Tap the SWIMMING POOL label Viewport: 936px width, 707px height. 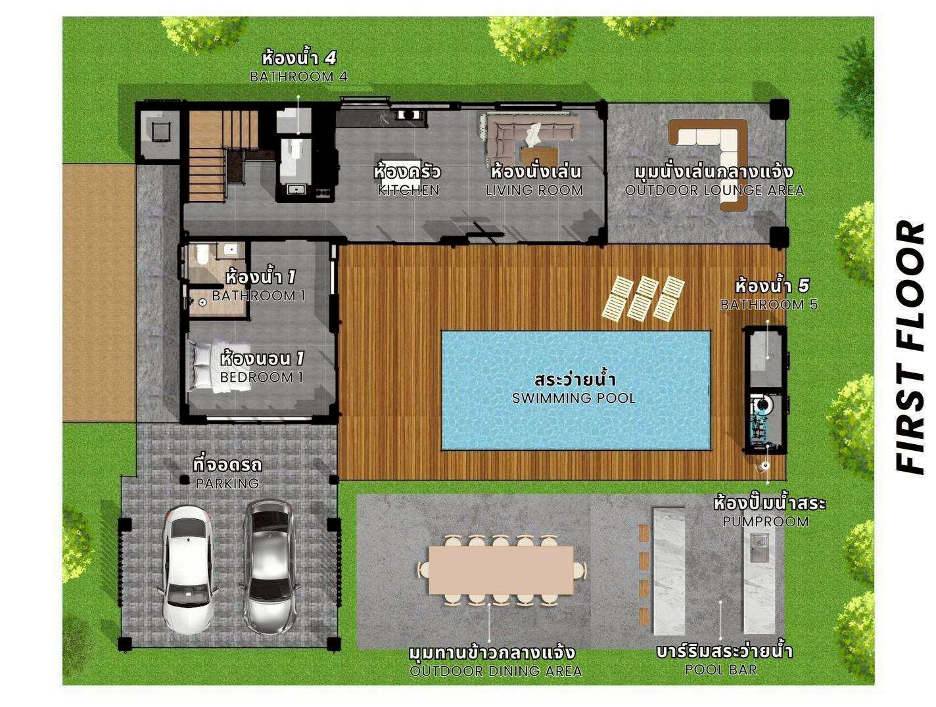[x=574, y=398]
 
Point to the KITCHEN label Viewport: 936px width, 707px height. [x=408, y=191]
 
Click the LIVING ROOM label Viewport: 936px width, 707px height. [x=534, y=191]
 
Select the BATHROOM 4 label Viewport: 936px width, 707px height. [x=298, y=77]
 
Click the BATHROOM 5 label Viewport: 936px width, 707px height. [x=769, y=305]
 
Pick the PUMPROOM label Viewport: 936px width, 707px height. [x=766, y=522]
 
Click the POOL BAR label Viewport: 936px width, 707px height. [x=720, y=670]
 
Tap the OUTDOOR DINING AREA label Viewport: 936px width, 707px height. [x=496, y=671]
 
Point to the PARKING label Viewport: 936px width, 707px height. [x=227, y=484]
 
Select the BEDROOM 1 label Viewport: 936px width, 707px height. [x=261, y=377]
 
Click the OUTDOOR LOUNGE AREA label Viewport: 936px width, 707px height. [x=714, y=191]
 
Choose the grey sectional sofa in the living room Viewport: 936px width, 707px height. [x=532, y=131]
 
